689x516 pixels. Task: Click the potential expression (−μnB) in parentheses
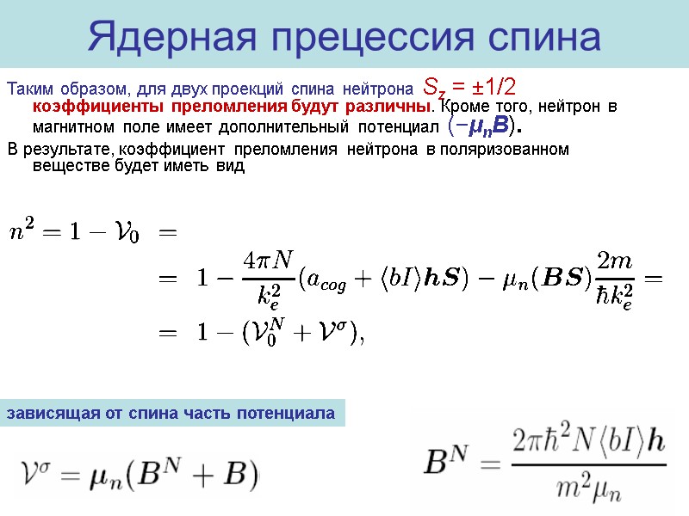pyautogui.click(x=485, y=127)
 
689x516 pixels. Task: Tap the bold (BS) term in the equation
pyautogui.click(x=565, y=279)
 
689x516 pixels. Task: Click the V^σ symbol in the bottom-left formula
pyautogui.click(x=40, y=472)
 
